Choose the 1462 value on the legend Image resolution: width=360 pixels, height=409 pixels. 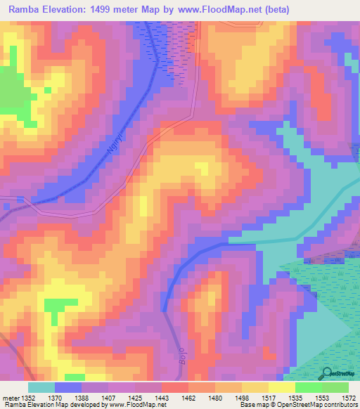(188, 398)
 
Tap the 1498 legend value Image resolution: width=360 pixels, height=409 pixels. (240, 398)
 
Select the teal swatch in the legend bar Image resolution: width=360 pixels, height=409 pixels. (41, 387)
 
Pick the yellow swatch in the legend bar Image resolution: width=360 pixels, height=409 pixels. (281, 387)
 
